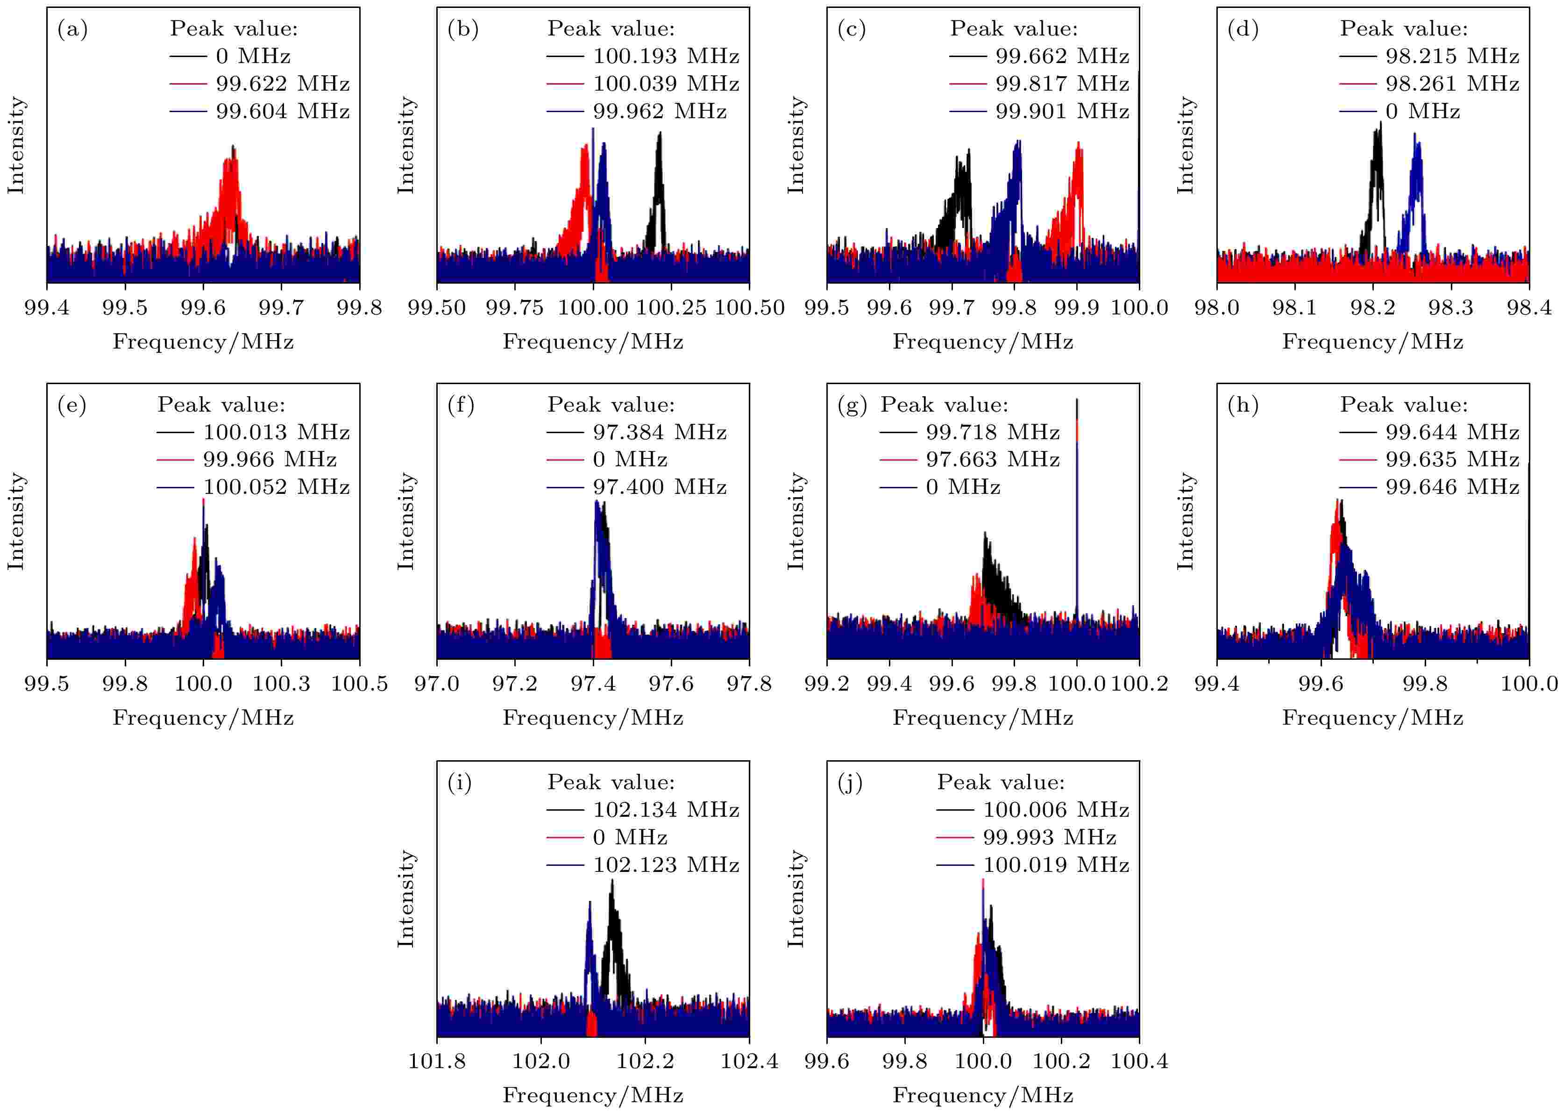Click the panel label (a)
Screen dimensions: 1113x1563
pos(72,29)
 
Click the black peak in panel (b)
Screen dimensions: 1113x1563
pos(659,185)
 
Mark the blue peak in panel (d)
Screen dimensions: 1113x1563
pos(1416,185)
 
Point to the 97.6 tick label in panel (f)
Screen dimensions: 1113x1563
pos(671,683)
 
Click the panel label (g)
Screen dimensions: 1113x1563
pos(852,406)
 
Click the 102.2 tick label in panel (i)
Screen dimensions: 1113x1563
pos(645,1061)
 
